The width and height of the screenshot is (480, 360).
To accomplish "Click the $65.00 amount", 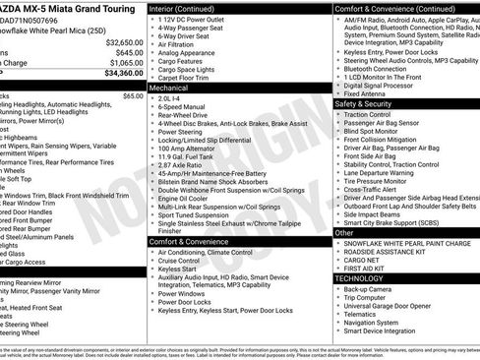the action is (x=133, y=96).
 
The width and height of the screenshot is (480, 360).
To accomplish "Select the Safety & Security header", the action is (x=363, y=103).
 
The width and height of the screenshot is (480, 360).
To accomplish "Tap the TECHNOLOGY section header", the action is (x=360, y=278).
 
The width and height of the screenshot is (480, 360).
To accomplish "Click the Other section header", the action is (x=344, y=234).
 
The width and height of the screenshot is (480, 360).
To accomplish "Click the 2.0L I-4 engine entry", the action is (x=169, y=97).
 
